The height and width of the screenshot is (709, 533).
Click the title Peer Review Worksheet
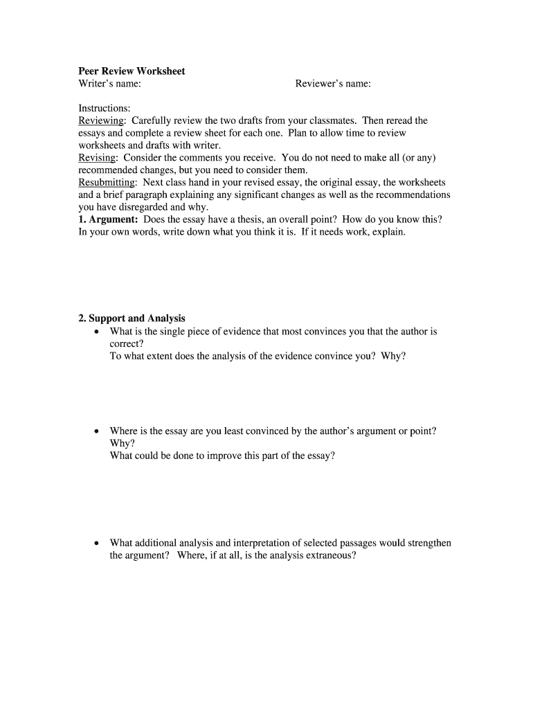pos(132,71)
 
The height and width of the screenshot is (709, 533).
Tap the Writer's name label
pos(110,84)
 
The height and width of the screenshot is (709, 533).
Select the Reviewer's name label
pos(333,84)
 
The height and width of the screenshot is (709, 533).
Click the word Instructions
pos(104,109)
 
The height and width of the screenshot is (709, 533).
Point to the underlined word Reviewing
pos(98,121)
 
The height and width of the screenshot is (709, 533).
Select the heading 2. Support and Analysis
pos(132,318)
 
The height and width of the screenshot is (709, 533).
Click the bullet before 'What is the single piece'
pos(97,332)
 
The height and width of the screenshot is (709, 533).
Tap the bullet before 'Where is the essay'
pos(97,431)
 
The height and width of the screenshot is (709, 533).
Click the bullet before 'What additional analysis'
pos(97,544)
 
